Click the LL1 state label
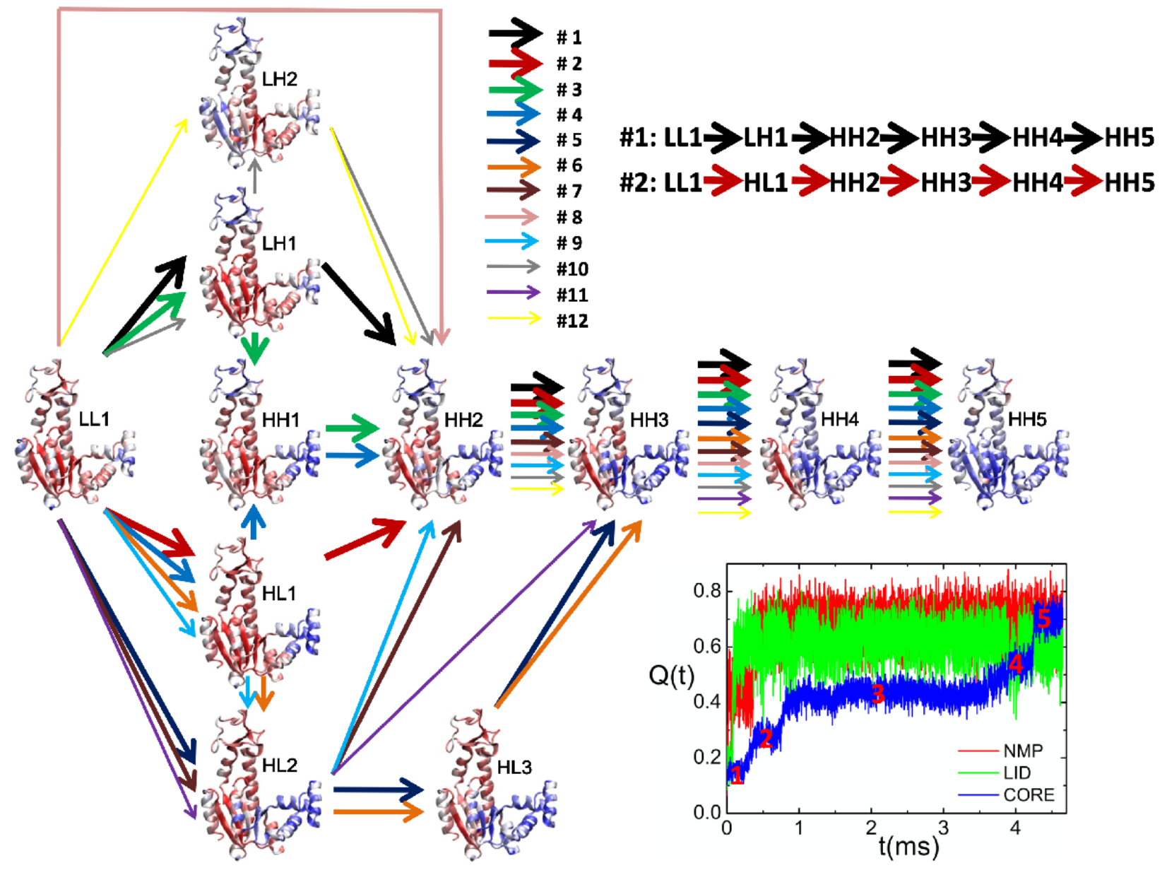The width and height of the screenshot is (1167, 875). point(94,419)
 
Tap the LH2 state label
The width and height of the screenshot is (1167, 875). point(280,79)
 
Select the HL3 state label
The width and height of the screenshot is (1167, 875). point(514,767)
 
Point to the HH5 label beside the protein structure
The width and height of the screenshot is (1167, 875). point(1027,419)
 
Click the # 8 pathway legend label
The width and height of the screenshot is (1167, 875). point(569,218)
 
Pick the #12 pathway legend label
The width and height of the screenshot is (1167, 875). point(572,321)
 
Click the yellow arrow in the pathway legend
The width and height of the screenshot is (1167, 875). point(514,319)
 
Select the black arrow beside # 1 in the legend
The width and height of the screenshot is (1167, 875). point(515,34)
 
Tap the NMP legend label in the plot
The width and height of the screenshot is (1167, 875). point(1023,751)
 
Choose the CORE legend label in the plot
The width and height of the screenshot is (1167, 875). point(1029,795)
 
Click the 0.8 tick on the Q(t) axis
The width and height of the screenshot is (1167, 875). point(707,591)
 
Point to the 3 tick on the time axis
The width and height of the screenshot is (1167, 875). point(943,828)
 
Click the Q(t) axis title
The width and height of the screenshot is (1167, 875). point(671,676)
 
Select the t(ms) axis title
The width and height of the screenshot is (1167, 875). point(909,845)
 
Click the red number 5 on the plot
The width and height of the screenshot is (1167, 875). point(1043,619)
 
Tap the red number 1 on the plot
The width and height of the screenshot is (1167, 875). point(737,775)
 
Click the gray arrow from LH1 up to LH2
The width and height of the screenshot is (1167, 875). point(255,175)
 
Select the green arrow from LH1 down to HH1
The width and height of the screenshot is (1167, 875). point(255,348)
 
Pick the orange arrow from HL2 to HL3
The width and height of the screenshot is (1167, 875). point(378,812)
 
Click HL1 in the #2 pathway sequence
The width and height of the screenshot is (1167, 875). point(766,183)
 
